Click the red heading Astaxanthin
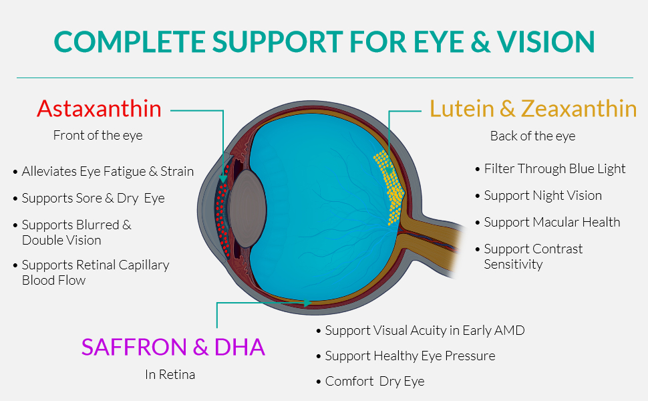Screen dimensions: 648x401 point(99,109)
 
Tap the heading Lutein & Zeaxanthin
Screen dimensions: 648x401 point(533,109)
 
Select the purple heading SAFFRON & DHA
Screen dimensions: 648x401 point(173,347)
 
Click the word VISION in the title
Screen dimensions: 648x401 point(546,41)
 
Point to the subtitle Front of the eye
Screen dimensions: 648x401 point(98,135)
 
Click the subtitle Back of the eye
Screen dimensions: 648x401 point(532,136)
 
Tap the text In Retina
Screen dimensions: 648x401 point(170,374)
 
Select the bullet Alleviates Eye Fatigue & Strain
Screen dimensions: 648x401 point(104,171)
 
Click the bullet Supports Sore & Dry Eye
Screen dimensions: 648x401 point(89,198)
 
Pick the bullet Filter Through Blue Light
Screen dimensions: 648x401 point(550,168)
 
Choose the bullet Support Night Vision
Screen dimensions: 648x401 point(538,196)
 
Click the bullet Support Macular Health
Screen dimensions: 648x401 point(548,222)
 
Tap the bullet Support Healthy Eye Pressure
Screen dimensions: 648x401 point(406,356)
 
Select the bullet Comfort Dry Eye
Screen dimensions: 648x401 point(370,381)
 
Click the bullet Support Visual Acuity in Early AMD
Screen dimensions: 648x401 point(420,330)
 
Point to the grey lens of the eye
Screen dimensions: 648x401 point(247,209)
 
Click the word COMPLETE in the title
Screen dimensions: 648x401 point(130,41)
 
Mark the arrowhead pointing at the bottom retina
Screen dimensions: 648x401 point(307,303)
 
